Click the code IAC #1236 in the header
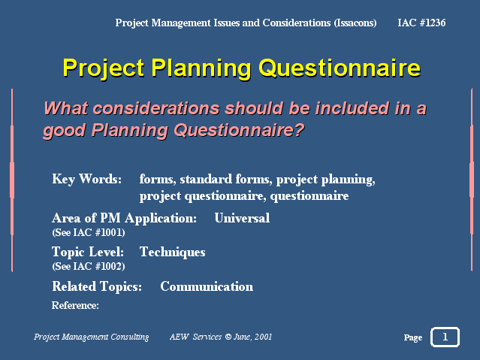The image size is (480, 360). (421, 23)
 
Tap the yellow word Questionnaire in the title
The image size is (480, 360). (340, 68)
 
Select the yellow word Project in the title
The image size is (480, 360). (104, 68)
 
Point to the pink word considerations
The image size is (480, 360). (156, 108)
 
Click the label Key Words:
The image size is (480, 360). (86, 179)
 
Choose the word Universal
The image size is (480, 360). (242, 218)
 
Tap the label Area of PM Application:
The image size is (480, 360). (124, 219)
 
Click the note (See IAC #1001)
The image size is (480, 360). (89, 232)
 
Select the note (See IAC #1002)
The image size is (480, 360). (89, 266)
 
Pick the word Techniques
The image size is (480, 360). (172, 253)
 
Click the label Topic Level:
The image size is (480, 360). (88, 253)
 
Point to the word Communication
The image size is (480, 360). (207, 286)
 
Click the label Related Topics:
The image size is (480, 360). (97, 287)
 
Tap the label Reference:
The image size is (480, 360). (75, 305)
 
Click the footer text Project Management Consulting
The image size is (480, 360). (91, 337)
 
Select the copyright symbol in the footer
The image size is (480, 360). (228, 337)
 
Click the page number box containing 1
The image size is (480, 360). (445, 337)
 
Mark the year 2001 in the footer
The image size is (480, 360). (263, 337)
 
